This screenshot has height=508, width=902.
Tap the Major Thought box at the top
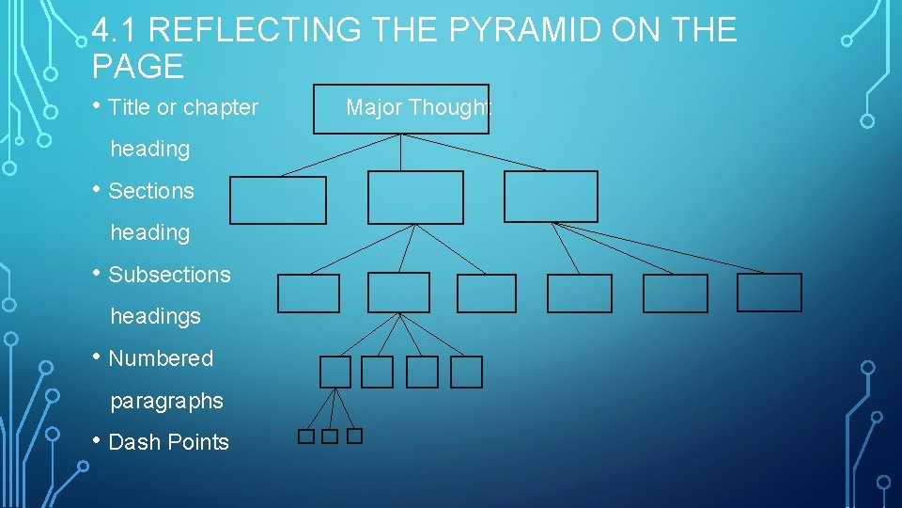pyautogui.click(x=401, y=109)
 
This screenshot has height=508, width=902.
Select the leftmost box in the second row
pyautogui.click(x=278, y=200)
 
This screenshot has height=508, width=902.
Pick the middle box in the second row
pyautogui.click(x=415, y=197)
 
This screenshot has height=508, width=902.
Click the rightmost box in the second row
pyautogui.click(x=551, y=197)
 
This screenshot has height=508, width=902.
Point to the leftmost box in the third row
pyautogui.click(x=308, y=294)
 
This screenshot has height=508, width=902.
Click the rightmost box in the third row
pyautogui.click(x=770, y=293)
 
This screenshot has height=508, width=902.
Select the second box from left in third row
pyautogui.click(x=398, y=293)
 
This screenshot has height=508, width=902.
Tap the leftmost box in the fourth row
pyautogui.click(x=334, y=373)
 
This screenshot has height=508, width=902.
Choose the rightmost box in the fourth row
pyautogui.click(x=466, y=373)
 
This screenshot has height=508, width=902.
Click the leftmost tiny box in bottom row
pyautogui.click(x=306, y=437)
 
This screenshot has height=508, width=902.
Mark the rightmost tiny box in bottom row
pyautogui.click(x=354, y=437)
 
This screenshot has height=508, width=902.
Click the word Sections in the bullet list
pyautogui.click(x=151, y=191)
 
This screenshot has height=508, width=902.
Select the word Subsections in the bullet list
pyautogui.click(x=169, y=275)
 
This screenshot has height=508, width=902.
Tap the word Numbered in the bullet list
pyautogui.click(x=161, y=358)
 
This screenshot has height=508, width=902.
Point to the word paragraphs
pyautogui.click(x=166, y=401)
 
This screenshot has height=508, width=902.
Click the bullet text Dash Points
pyautogui.click(x=168, y=442)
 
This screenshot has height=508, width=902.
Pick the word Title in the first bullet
pyautogui.click(x=129, y=107)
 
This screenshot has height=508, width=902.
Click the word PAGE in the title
pyautogui.click(x=138, y=67)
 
